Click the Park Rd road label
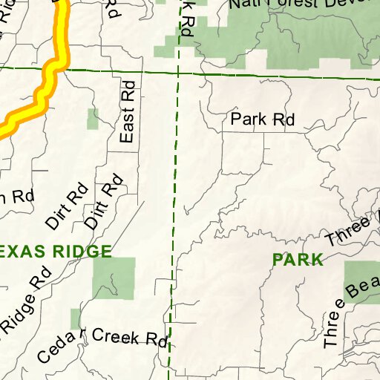click(263, 119)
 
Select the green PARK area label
click(298, 260)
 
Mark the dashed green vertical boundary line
click(175, 186)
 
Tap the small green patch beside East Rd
click(92, 119)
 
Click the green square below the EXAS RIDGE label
click(114, 278)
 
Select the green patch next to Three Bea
click(361, 278)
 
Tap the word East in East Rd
click(127, 124)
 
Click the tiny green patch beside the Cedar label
click(75, 319)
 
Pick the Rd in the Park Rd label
click(284, 119)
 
